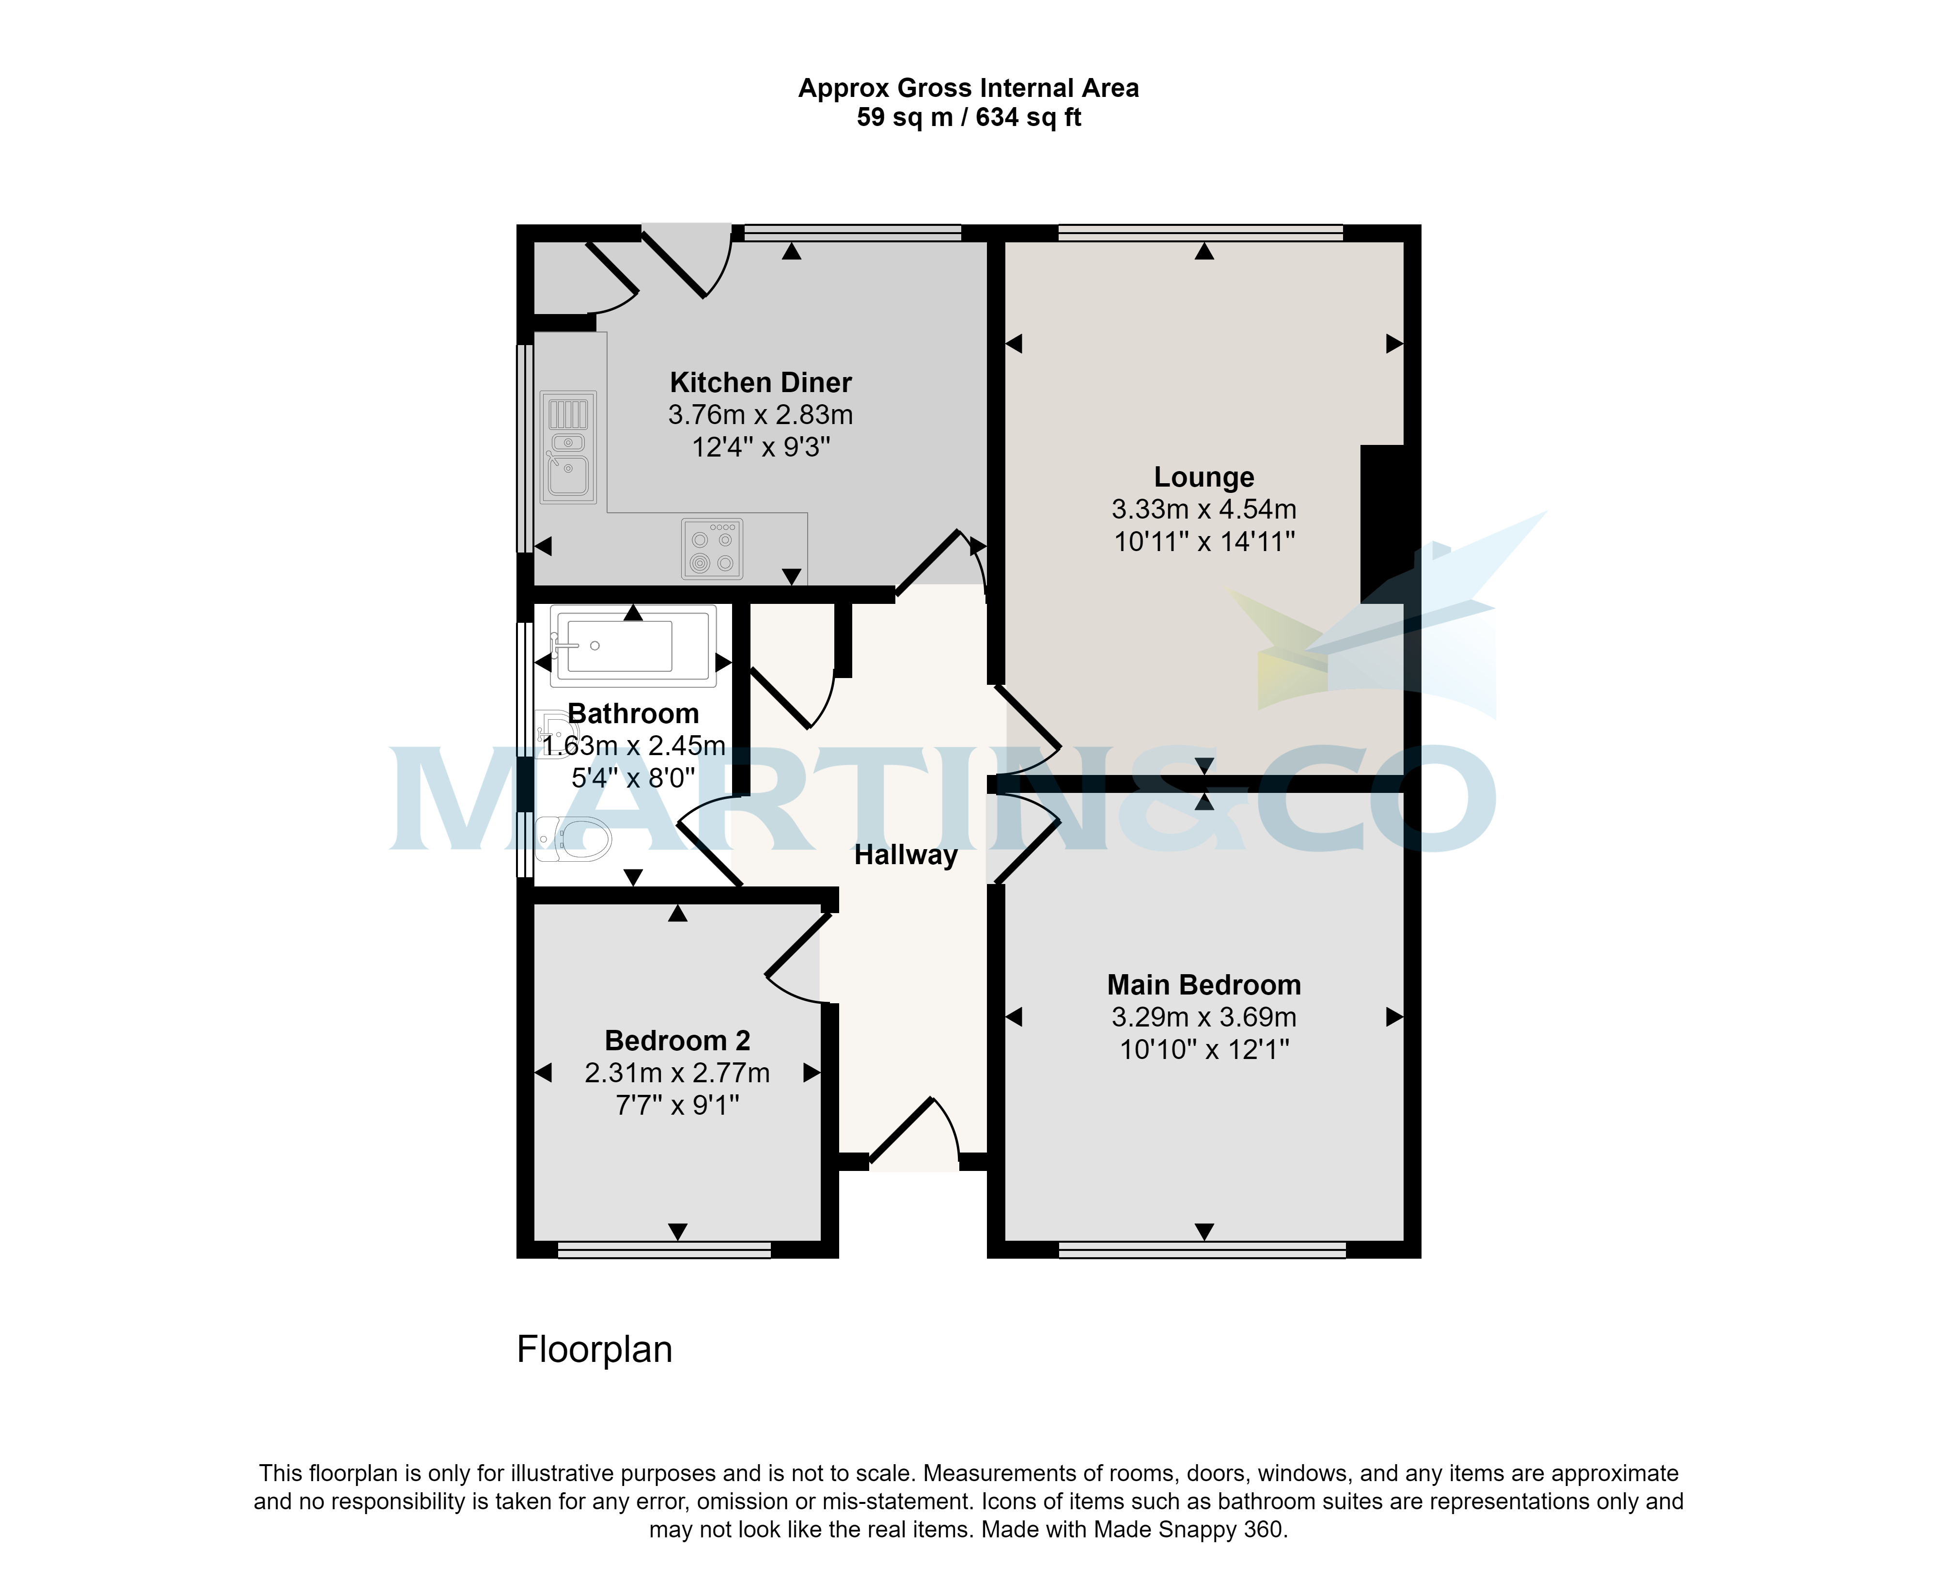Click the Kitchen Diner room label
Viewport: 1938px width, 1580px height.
(x=761, y=382)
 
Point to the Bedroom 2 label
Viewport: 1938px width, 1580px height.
(x=677, y=1040)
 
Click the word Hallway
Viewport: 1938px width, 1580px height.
(x=906, y=855)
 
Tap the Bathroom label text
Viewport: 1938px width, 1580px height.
(x=633, y=713)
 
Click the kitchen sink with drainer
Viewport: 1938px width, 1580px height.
(x=568, y=447)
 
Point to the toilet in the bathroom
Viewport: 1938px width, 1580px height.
(x=575, y=838)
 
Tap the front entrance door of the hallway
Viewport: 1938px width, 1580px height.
(x=914, y=1133)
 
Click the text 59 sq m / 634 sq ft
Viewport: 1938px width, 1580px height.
(x=968, y=117)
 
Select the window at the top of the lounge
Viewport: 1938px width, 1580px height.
(x=1200, y=233)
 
